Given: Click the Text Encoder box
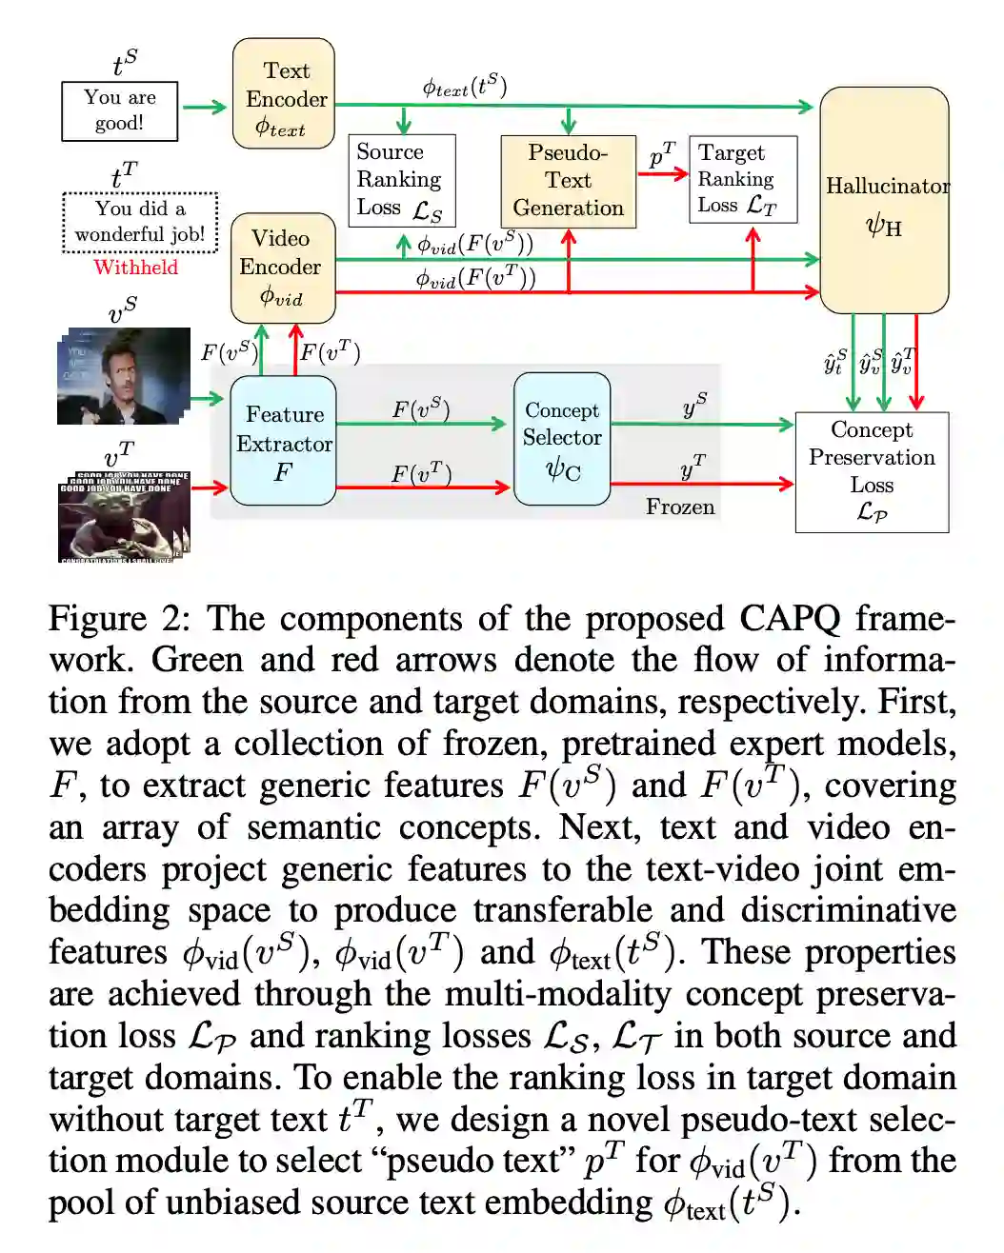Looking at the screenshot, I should click(284, 94).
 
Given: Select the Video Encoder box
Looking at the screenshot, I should click(283, 268).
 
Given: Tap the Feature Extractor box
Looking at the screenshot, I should click(283, 441).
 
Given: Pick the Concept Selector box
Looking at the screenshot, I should click(562, 439).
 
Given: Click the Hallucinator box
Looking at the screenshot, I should click(884, 201).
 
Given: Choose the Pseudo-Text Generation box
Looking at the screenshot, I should click(568, 181).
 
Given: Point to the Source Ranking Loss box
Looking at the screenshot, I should click(401, 180).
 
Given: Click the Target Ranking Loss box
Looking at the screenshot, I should click(742, 179).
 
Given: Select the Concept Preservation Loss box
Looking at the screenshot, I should click(872, 471).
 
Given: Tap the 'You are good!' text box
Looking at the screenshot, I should click(119, 111).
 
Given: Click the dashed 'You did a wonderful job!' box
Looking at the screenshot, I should click(140, 222).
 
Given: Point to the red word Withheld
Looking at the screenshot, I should click(135, 268).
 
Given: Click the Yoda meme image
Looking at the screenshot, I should click(124, 516).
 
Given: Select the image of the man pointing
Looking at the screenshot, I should click(124, 376).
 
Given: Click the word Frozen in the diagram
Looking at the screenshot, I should click(680, 507).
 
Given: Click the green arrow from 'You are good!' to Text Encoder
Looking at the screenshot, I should click(204, 107).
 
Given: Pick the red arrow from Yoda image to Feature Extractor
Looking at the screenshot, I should click(210, 487).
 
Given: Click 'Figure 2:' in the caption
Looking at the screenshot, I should click(119, 619).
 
